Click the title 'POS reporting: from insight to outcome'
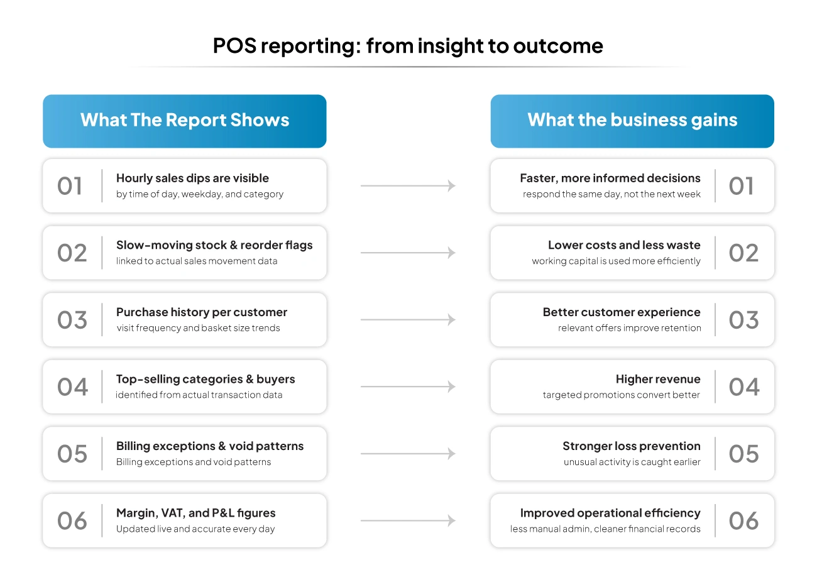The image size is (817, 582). click(408, 46)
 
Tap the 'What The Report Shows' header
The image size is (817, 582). click(185, 120)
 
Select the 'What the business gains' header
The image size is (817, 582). click(632, 120)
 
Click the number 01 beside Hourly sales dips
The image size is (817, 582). click(70, 186)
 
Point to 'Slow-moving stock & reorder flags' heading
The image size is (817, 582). click(214, 245)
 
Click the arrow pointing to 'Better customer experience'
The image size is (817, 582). click(408, 320)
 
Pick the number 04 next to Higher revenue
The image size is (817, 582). click(744, 387)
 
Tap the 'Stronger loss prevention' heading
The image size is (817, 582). click(631, 446)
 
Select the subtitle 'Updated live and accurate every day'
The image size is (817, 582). click(195, 529)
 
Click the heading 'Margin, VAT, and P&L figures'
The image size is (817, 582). click(195, 513)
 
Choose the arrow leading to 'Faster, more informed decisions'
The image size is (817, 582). click(408, 186)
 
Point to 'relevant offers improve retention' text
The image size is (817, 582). click(629, 328)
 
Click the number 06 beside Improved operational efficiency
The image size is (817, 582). click(743, 521)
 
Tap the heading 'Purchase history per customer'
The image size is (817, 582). click(202, 312)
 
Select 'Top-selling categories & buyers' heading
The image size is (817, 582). click(206, 379)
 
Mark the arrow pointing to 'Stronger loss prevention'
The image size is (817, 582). click(408, 454)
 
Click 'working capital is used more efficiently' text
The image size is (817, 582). click(616, 261)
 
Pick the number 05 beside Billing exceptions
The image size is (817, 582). click(72, 454)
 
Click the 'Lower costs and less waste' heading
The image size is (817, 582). click(624, 245)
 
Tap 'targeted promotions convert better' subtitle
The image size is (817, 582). click(621, 395)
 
